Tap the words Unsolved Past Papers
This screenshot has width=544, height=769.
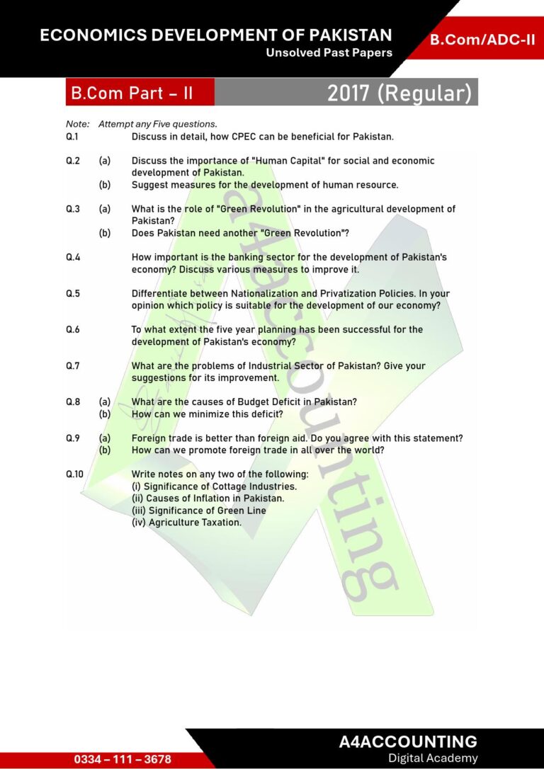point(329,53)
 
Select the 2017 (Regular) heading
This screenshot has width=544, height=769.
point(399,93)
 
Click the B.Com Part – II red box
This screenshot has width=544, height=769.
point(131,93)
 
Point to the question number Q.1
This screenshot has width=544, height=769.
point(72,137)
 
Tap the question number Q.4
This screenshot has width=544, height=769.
point(72,258)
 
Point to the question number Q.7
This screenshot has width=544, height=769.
point(72,366)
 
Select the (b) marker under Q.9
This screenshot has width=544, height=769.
point(105,450)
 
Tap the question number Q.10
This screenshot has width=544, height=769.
point(74,474)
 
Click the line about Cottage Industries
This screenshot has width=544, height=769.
point(214,486)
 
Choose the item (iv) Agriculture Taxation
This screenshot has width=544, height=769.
point(186,523)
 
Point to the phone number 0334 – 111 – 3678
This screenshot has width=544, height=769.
point(123,759)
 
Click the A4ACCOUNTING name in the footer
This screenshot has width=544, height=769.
point(408,741)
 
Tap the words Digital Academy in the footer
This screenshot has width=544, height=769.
point(433,758)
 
